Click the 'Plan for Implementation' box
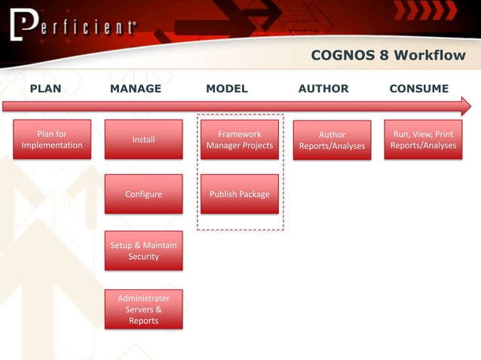coord(52,139)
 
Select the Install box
coord(143,139)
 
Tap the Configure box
coord(143,194)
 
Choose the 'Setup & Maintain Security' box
coord(143,251)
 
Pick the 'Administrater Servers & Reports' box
coord(143,309)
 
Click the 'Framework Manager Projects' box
coord(240,139)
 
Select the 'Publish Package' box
coord(240,194)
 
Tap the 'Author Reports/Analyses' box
coord(332,140)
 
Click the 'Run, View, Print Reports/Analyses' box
coord(423,139)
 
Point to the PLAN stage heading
coord(45,89)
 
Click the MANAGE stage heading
coord(136,89)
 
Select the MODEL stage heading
coord(227,89)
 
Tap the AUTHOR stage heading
coord(323,89)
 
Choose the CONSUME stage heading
coord(419,89)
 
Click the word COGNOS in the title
coord(342,56)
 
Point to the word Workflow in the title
coord(430,56)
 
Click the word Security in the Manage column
coord(143,257)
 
